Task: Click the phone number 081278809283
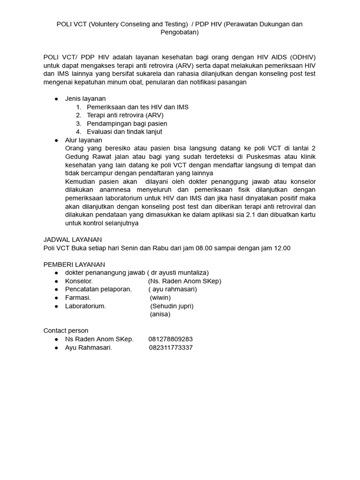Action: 170,339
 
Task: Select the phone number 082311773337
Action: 171,347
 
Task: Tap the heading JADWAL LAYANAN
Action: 73,240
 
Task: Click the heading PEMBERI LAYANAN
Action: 74,264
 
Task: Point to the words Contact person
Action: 66,330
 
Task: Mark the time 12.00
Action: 281,248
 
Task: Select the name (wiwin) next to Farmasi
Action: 160,298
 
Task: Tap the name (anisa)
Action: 160,314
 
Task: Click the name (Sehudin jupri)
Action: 172,306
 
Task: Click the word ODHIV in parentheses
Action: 302,57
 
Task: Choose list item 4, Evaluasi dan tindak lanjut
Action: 124,132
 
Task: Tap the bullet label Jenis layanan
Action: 85,99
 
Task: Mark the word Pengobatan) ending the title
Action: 180,32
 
